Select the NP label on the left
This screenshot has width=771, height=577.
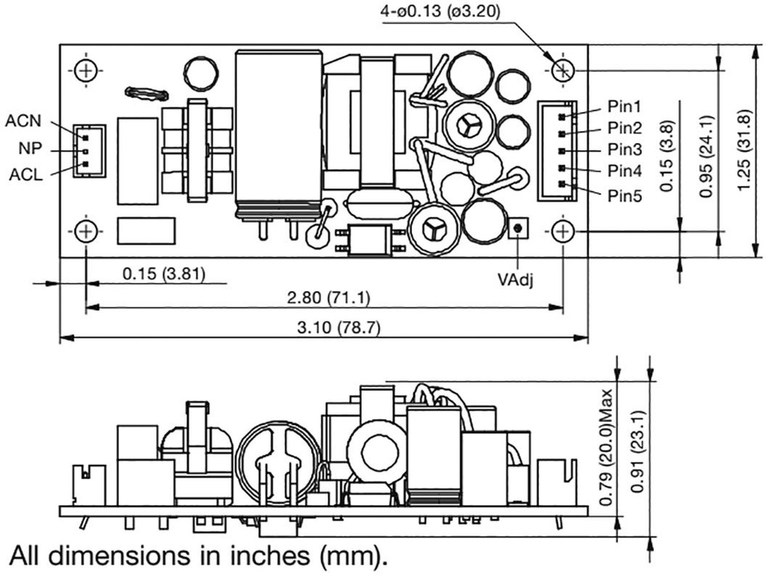29,148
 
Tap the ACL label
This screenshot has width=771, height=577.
26,175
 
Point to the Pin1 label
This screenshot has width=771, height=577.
625,107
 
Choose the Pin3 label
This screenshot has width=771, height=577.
625,149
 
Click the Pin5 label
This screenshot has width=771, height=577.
625,196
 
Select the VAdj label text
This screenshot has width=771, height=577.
517,278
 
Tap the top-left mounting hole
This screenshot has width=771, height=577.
87,71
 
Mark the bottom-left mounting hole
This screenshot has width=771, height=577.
87,231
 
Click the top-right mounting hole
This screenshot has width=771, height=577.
563,71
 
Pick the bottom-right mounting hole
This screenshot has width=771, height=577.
563,231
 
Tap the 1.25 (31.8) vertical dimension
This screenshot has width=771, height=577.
745,150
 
